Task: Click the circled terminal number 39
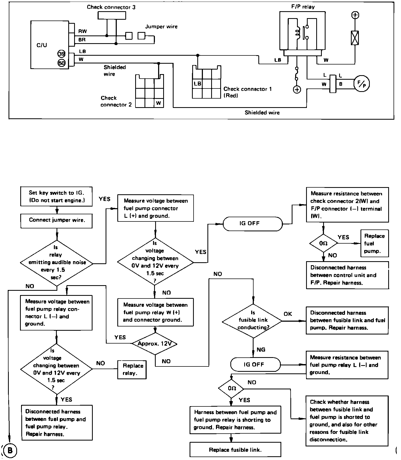62,54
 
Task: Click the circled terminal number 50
62,63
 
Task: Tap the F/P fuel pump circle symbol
362,84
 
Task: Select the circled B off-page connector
9,450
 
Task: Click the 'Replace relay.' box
132,369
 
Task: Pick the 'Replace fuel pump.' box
374,243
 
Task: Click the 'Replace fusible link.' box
235,450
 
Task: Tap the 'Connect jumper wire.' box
57,220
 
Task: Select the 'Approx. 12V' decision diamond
155,344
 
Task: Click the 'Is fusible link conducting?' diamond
252,321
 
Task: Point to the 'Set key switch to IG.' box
57,196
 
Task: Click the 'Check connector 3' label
111,7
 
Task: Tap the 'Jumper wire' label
161,27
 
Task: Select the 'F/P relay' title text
303,7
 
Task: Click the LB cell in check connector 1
197,84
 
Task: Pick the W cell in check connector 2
159,103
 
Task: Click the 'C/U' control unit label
42,45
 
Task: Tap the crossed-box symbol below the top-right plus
355,38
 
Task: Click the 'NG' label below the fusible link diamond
261,349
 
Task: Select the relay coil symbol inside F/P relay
297,33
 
